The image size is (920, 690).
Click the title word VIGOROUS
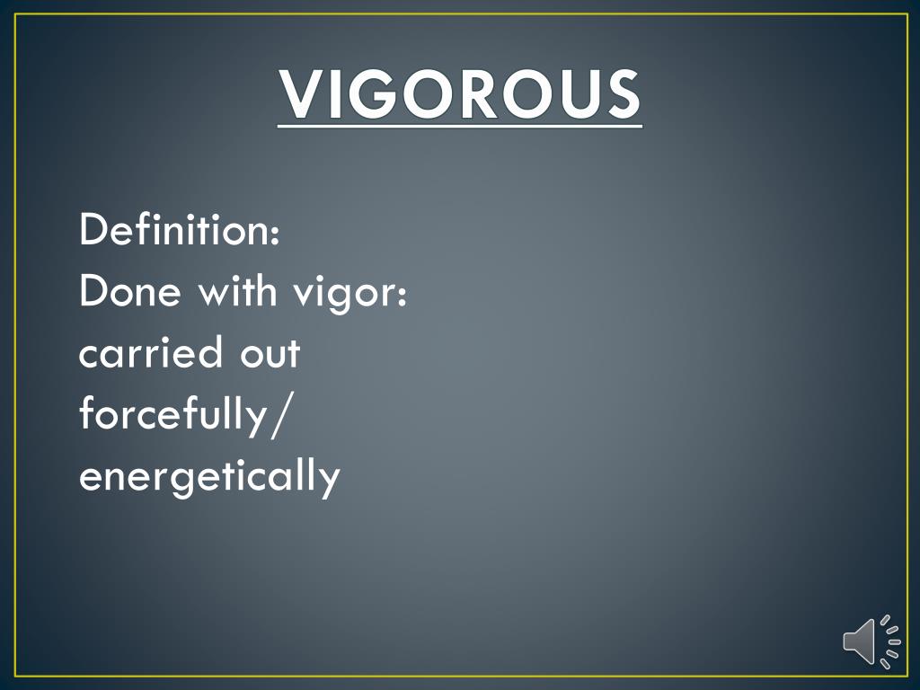pos(460,94)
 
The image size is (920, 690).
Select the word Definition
pos(173,230)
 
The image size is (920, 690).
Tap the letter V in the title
pos(303,94)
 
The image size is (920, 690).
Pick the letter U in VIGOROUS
pos(576,94)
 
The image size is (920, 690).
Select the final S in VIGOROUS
pos(621,94)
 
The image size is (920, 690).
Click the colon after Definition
pos(274,234)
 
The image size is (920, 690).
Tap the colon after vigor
pos(402,296)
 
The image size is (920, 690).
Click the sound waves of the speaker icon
pos(889,640)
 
